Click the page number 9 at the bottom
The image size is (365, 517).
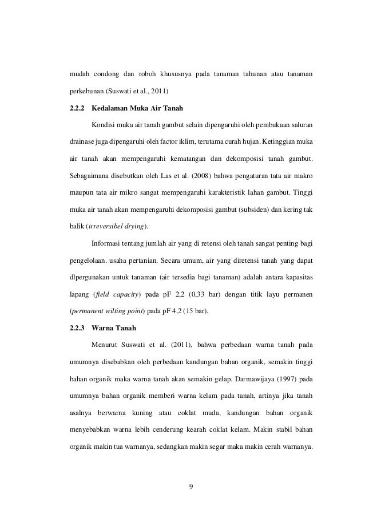point(191,487)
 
